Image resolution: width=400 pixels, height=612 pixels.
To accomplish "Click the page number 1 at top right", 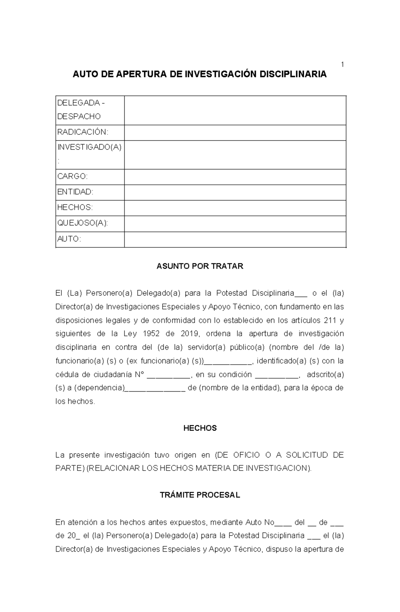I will point(342,64).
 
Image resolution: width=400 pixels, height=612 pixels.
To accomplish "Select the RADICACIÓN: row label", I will point(83,132).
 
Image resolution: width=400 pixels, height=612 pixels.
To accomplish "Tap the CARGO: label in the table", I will point(72,176).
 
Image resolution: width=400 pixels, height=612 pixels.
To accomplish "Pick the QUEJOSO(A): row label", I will point(82,223).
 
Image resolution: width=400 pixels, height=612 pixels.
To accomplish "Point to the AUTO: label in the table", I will point(69,239).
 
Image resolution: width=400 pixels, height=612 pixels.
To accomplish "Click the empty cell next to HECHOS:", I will point(235,208).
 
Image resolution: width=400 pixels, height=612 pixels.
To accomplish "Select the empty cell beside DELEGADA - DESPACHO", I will point(235,110).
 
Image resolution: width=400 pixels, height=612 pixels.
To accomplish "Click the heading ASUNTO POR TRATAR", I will point(200,266).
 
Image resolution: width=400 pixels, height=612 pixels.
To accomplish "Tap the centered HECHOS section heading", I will point(200,428).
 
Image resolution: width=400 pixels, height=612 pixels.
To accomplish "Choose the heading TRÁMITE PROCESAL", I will point(200,495).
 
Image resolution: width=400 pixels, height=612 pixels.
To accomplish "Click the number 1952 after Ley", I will point(151,334).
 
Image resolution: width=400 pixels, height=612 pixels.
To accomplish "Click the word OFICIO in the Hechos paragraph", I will point(247,455).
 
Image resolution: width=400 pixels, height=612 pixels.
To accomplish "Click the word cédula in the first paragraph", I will point(67,375).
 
